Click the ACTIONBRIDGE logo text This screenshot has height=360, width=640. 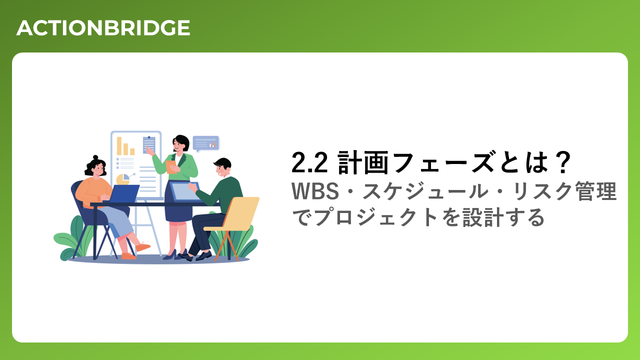103,28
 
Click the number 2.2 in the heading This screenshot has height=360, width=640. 309,163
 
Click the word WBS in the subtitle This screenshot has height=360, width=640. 315,191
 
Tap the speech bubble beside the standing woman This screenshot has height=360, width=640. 206,143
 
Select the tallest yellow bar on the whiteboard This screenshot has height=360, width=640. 119,146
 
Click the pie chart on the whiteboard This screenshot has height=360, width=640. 123,179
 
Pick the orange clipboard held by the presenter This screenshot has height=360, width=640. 171,167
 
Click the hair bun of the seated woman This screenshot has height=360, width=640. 95,157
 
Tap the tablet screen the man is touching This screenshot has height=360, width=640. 185,191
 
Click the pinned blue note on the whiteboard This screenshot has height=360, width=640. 149,145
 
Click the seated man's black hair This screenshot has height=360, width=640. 222,163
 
